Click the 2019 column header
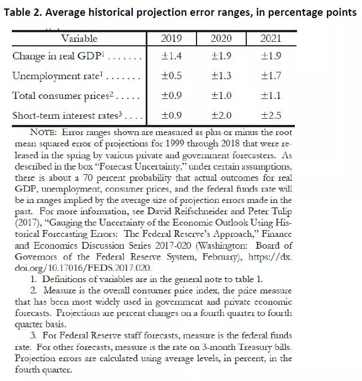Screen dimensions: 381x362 pyautogui.click(x=171, y=39)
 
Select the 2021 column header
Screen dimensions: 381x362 pyautogui.click(x=270, y=39)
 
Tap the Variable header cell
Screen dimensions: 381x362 pyautogui.click(x=79, y=39)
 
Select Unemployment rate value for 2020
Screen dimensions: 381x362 pyautogui.click(x=221, y=76)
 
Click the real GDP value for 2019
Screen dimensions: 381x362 pyautogui.click(x=171, y=56)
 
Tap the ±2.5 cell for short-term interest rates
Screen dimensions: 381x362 pyautogui.click(x=270, y=116)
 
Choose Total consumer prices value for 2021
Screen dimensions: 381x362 pyautogui.click(x=270, y=96)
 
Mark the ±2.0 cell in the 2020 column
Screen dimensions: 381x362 pyautogui.click(x=221, y=116)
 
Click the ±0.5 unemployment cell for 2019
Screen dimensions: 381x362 pyautogui.click(x=171, y=76)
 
